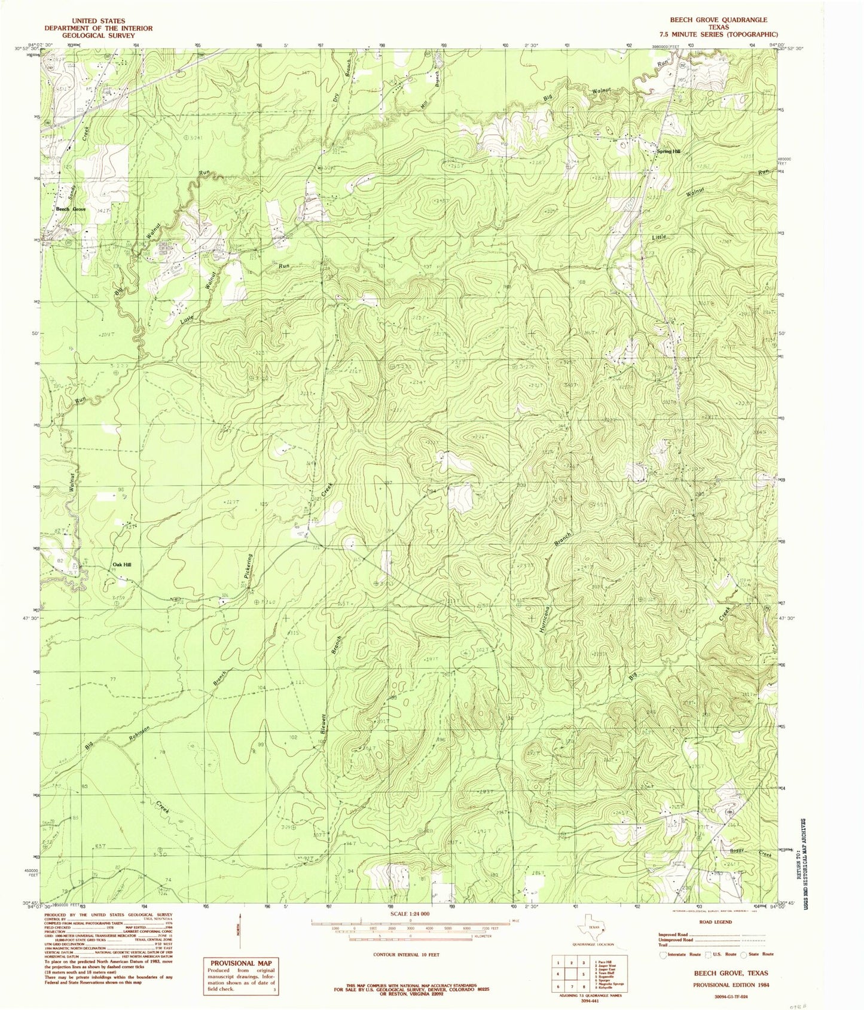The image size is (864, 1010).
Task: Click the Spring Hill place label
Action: pos(668,152)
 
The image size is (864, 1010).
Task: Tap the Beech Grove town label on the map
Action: pos(71,209)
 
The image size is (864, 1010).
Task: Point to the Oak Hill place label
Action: pos(122,564)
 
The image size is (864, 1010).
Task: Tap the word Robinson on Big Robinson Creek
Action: pos(139,734)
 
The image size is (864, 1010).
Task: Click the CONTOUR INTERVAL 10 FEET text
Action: pos(405,955)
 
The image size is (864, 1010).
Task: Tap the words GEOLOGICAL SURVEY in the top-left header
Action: pos(99,35)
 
